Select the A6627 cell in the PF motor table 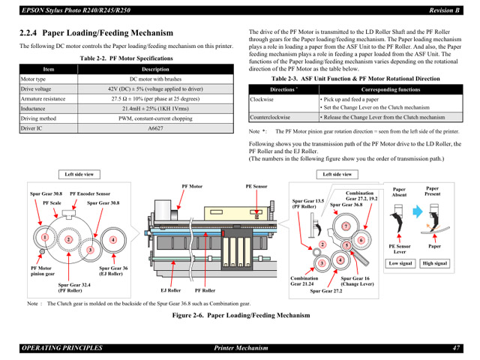(x=154, y=128)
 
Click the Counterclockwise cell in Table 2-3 (x=271, y=118)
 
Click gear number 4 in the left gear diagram (x=113, y=241)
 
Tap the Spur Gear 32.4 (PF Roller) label (x=75, y=287)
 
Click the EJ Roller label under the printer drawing (x=170, y=289)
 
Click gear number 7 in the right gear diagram (x=345, y=226)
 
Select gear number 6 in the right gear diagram (x=360, y=240)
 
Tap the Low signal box (x=400, y=263)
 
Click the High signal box (x=435, y=263)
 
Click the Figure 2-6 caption (x=239, y=315)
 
